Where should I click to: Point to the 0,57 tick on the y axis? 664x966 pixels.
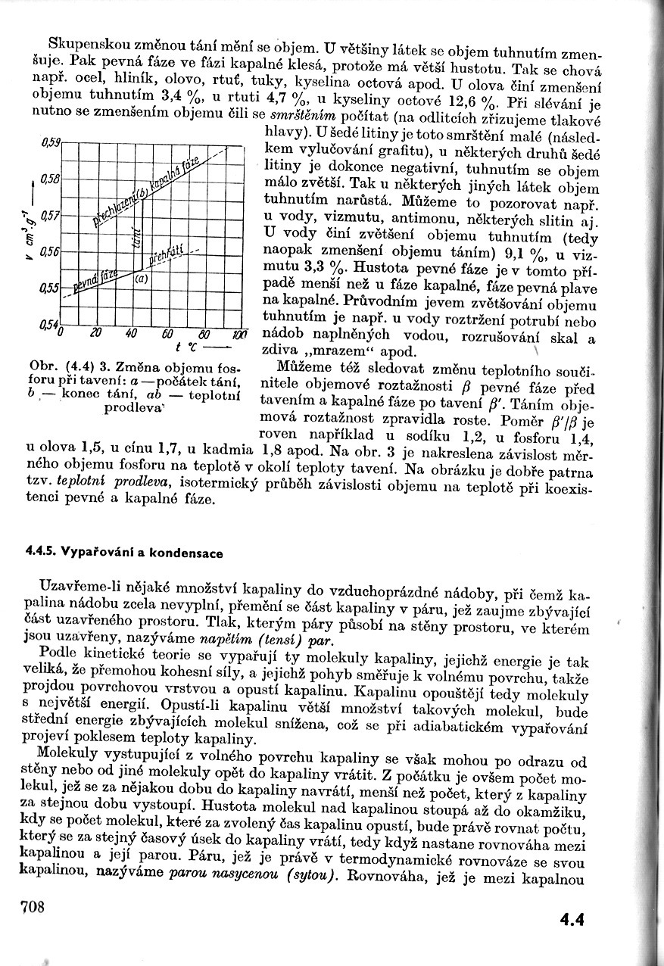(48, 216)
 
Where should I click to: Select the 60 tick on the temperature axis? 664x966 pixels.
(168, 334)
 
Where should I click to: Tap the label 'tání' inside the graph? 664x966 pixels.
(136, 236)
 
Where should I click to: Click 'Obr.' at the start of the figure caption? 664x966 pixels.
(40, 367)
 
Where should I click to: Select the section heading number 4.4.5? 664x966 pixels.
(44, 553)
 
